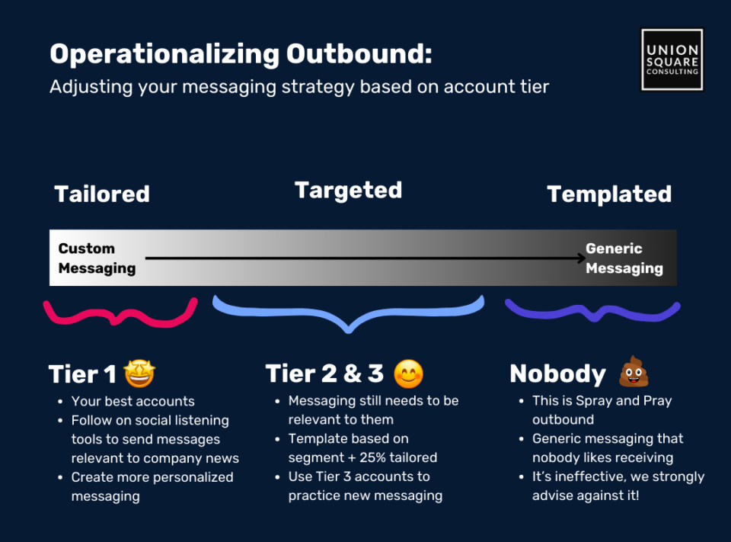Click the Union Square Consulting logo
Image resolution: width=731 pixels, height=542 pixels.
coord(672,59)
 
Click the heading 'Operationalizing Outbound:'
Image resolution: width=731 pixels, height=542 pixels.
coord(241,54)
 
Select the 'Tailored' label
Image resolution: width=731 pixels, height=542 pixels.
coord(102,194)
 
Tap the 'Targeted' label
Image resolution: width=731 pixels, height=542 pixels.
coord(348,191)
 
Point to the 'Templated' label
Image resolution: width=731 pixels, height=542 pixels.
coord(609,194)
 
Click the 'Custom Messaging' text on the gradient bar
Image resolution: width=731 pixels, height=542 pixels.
coord(97,258)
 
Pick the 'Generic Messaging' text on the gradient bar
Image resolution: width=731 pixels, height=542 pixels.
coord(624,258)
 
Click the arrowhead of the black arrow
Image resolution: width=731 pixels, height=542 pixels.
coord(582,258)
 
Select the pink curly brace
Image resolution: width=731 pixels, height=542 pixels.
coord(120,318)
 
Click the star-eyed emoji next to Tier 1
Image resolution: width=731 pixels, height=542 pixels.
coord(139,374)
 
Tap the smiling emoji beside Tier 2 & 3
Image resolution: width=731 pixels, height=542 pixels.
coord(408,374)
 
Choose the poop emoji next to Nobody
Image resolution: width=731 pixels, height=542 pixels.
coord(634,371)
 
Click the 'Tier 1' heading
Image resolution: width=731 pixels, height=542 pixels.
coord(82,374)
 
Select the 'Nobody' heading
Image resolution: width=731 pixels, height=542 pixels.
coord(557,374)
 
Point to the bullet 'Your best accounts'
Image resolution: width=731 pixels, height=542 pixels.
coord(132,402)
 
